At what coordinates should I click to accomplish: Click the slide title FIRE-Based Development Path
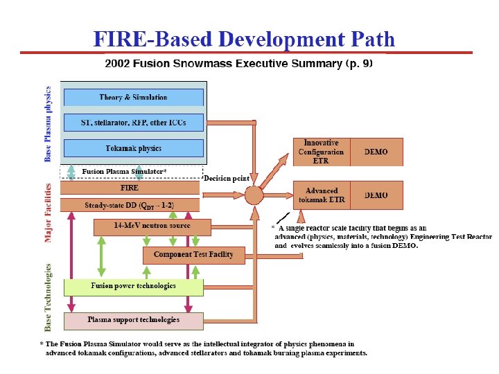(x=244, y=39)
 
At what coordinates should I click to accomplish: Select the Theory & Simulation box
(x=133, y=98)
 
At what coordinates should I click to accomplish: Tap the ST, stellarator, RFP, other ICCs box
(x=133, y=123)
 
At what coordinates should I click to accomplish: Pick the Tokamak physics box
(x=133, y=148)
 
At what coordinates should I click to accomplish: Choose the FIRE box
(x=130, y=188)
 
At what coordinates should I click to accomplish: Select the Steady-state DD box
(x=130, y=205)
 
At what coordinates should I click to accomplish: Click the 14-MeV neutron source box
(x=152, y=226)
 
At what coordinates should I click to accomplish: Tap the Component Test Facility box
(x=193, y=255)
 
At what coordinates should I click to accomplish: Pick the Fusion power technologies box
(x=133, y=286)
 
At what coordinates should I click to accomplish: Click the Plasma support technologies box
(x=133, y=320)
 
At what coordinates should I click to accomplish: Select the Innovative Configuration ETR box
(x=321, y=152)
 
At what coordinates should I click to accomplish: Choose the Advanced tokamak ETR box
(x=321, y=195)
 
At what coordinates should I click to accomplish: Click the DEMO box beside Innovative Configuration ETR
(x=376, y=152)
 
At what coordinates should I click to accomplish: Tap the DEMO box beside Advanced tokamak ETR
(x=376, y=195)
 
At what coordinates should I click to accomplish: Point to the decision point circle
(x=254, y=195)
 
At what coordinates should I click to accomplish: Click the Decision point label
(x=227, y=178)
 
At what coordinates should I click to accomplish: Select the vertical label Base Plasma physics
(x=48, y=123)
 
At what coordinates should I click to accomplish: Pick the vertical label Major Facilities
(x=49, y=213)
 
